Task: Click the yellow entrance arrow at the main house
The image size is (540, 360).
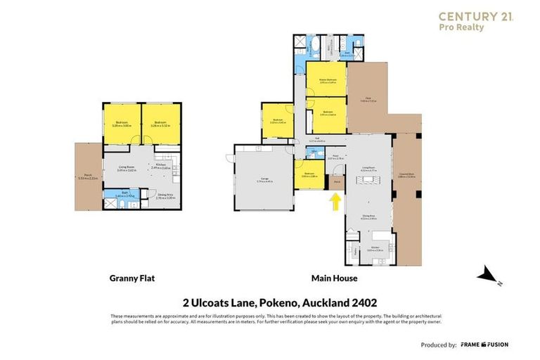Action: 335,202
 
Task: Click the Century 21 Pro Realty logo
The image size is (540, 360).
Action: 475,21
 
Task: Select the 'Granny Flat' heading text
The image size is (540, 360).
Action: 131,278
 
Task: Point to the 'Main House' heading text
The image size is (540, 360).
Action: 334,278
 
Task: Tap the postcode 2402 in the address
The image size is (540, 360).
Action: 364,303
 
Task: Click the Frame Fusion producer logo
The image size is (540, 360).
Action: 484,345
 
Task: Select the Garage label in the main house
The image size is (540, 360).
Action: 263,182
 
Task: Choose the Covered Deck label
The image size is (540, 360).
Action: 406,176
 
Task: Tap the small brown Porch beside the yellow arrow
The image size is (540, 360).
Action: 335,182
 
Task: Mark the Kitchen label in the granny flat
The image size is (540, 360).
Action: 160,166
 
